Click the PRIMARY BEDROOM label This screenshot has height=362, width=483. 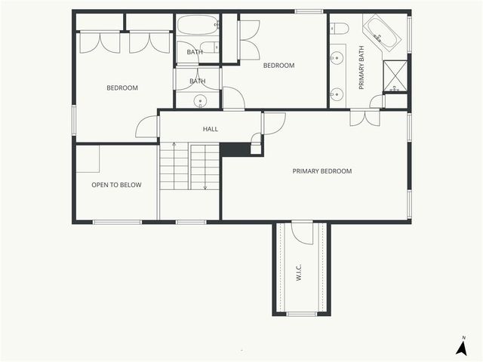(322, 171)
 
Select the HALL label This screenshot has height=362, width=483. (211, 129)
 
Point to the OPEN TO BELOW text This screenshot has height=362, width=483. (116, 185)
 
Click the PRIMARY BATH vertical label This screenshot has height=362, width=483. (361, 68)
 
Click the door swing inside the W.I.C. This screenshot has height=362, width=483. (302, 233)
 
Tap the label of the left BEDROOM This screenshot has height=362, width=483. (122, 88)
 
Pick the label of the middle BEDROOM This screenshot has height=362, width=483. (278, 66)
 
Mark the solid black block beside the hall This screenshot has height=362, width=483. (234, 149)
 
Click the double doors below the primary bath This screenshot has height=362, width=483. (365, 118)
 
